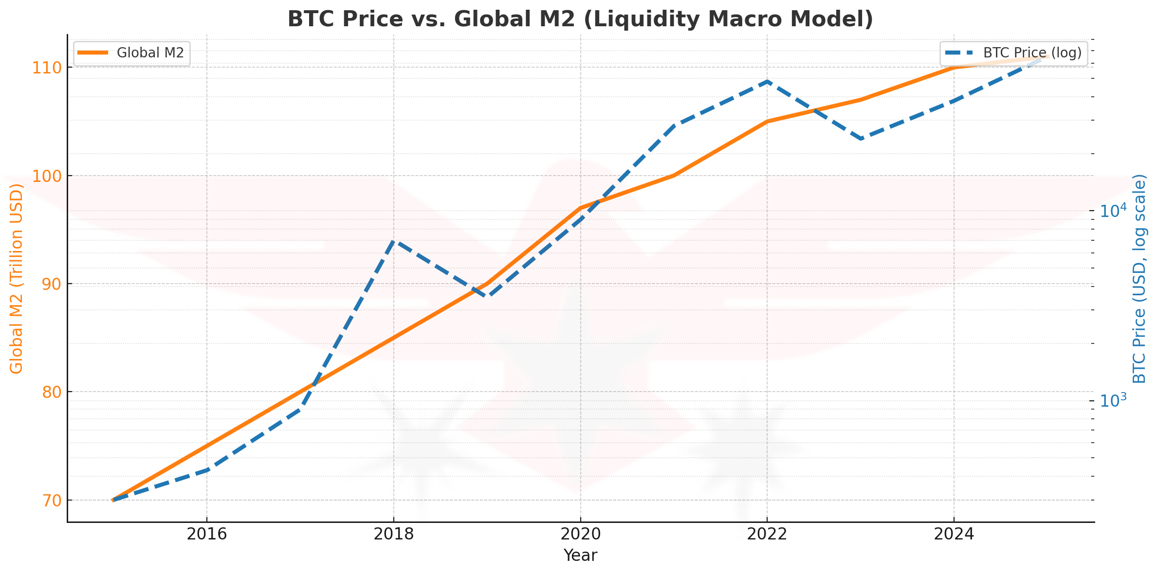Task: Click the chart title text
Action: (x=580, y=19)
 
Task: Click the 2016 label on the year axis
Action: (x=207, y=534)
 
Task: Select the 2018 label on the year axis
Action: (x=394, y=534)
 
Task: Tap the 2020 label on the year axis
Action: (x=580, y=534)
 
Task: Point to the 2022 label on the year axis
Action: (x=767, y=534)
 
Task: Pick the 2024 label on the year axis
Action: (x=954, y=534)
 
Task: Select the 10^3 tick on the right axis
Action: (x=1113, y=400)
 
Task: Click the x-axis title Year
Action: (x=580, y=556)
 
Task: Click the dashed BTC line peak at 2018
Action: (x=394, y=241)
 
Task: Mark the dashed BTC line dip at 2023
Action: (x=861, y=139)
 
